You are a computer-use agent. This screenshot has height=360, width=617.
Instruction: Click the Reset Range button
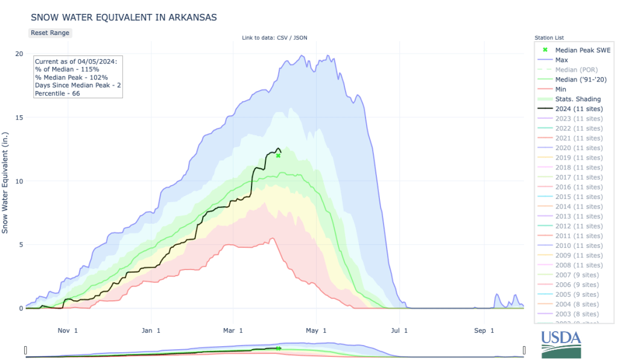51,33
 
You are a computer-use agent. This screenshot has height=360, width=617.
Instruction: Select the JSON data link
300,38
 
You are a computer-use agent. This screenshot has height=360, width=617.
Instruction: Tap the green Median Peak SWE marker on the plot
278,156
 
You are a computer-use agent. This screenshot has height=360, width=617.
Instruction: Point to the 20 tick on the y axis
19,54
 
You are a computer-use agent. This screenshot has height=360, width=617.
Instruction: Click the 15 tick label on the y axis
19,118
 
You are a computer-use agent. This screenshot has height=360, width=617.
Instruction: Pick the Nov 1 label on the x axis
68,330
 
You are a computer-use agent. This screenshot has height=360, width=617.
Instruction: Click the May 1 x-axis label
316,330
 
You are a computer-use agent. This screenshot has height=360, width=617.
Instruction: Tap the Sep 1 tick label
484,330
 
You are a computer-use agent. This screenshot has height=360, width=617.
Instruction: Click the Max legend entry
562,60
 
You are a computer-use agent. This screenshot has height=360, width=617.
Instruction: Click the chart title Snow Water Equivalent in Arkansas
124,17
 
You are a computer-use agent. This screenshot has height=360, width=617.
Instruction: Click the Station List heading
549,38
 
